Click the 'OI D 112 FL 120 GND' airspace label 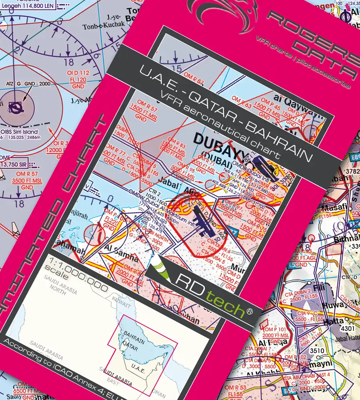coord(78,80)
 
